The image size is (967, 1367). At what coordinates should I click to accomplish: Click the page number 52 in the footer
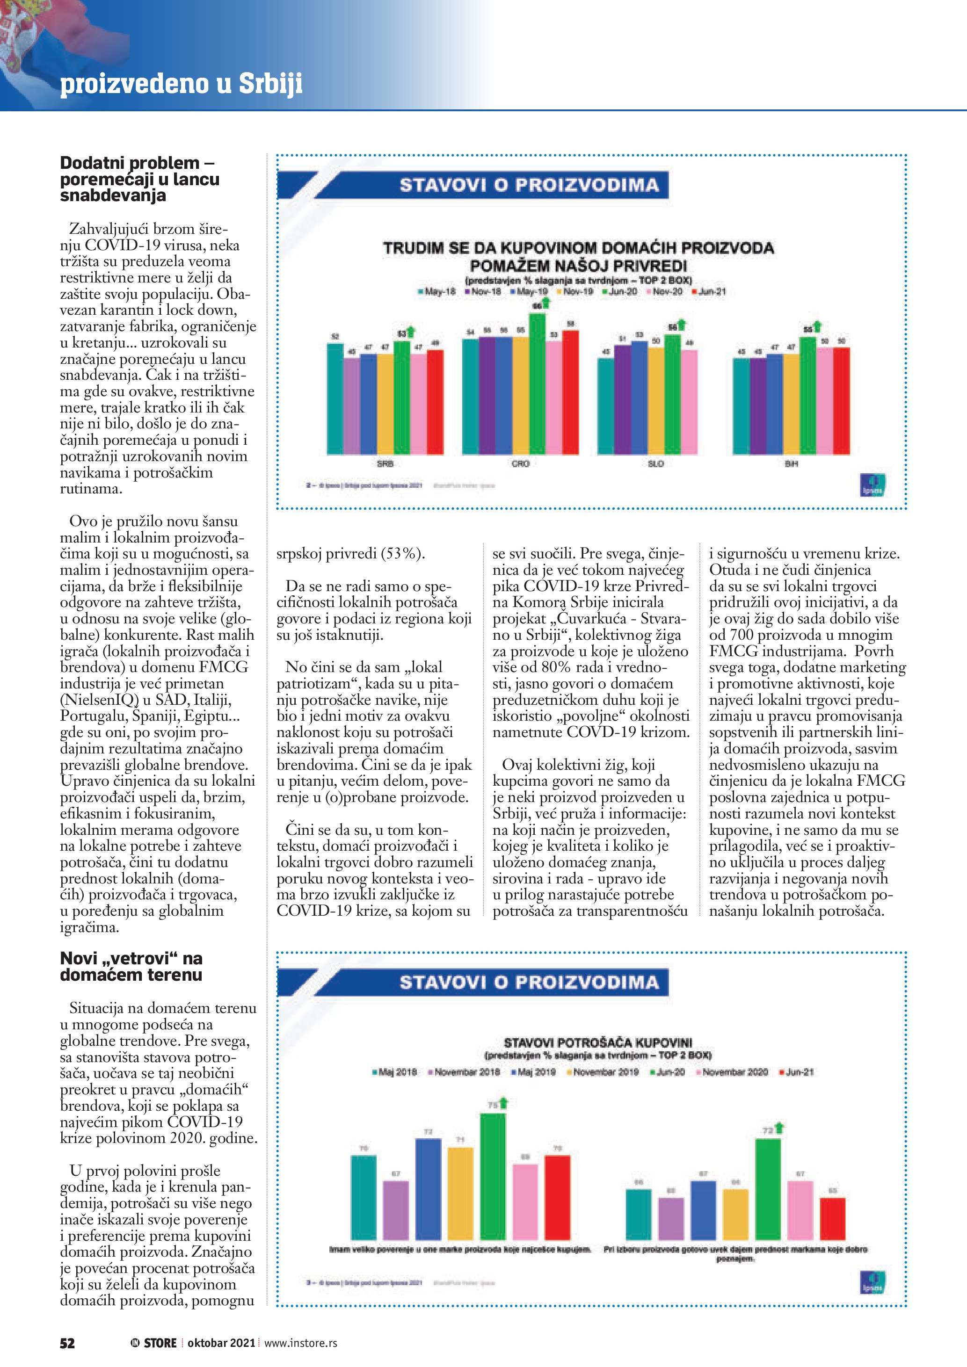pos(67,1343)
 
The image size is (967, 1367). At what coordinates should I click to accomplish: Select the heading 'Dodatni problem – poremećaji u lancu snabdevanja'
pos(139,179)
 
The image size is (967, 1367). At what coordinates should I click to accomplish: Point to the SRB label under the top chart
pos(385,463)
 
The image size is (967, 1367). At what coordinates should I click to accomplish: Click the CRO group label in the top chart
pos(520,463)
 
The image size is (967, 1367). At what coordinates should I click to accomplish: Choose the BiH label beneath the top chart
pos(791,463)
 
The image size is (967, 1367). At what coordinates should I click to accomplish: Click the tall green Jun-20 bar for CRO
pos(537,384)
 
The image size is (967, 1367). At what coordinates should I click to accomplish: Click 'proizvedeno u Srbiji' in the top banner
pos(181,83)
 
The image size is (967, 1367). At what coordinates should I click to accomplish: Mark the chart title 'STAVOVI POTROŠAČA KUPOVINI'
pos(598,1042)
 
